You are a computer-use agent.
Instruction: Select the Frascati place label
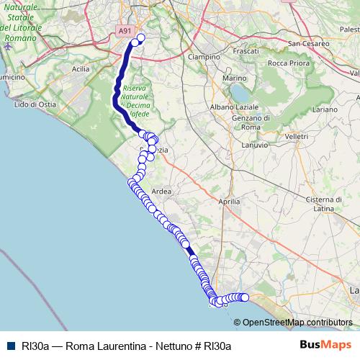tap(246, 52)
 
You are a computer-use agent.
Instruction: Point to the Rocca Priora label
tap(287, 63)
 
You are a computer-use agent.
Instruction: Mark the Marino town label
tap(235, 78)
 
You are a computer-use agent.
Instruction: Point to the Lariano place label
tap(325, 109)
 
